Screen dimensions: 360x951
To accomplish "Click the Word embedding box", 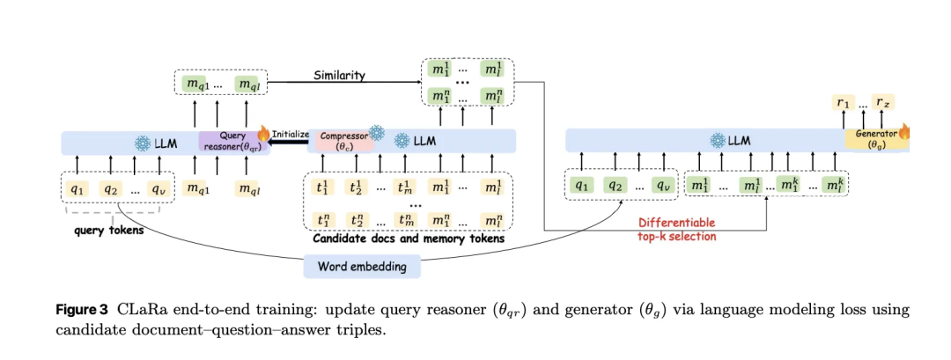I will (x=362, y=266).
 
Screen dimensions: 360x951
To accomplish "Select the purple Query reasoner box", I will (x=233, y=142).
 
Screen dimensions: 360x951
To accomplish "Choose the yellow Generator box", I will (x=873, y=139).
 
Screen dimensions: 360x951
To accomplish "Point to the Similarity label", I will (x=340, y=76).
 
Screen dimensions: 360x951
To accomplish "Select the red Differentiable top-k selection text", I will (x=675, y=230).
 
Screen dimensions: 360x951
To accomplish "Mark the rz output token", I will (x=883, y=104).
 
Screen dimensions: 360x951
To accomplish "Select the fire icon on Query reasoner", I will (x=263, y=133).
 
